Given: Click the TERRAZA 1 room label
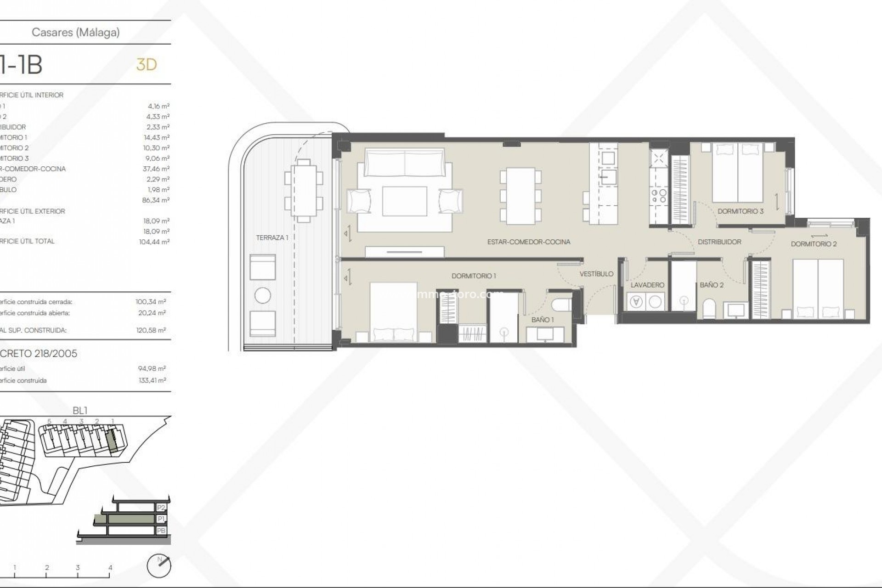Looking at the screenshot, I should coord(272,237).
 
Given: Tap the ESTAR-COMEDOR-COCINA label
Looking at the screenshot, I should coord(529,242).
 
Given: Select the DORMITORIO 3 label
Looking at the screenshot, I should coord(741,211).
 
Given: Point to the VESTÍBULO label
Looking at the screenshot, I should coord(596,274).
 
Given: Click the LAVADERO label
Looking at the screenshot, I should coord(647,285).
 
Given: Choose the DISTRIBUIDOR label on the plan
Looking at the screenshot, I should coord(719,242).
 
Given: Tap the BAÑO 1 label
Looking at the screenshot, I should coord(543,320).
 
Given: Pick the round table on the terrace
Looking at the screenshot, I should coord(263,295).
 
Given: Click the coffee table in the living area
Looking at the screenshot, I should coord(404,201).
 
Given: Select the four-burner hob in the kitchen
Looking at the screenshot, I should coord(659,197).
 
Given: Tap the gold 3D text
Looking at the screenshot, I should coord(147,65).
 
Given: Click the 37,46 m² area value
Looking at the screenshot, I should coord(156,169).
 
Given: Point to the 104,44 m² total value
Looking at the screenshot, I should coord(154,242).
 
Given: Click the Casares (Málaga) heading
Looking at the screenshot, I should coord(76,32).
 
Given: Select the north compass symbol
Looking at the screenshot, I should coord(159,566).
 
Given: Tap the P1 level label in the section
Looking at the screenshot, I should coord(161,519).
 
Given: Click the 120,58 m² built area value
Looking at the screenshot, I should coord(152,330).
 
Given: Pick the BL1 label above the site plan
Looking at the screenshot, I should coord(80,411).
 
